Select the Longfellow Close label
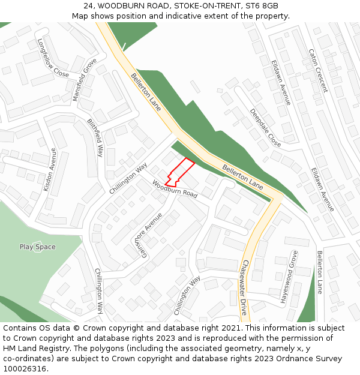click(53, 58)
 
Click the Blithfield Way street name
click(95, 137)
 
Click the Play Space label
click(37, 247)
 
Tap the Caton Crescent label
click(317, 70)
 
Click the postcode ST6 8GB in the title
click(262, 6)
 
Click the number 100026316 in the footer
click(25, 368)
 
